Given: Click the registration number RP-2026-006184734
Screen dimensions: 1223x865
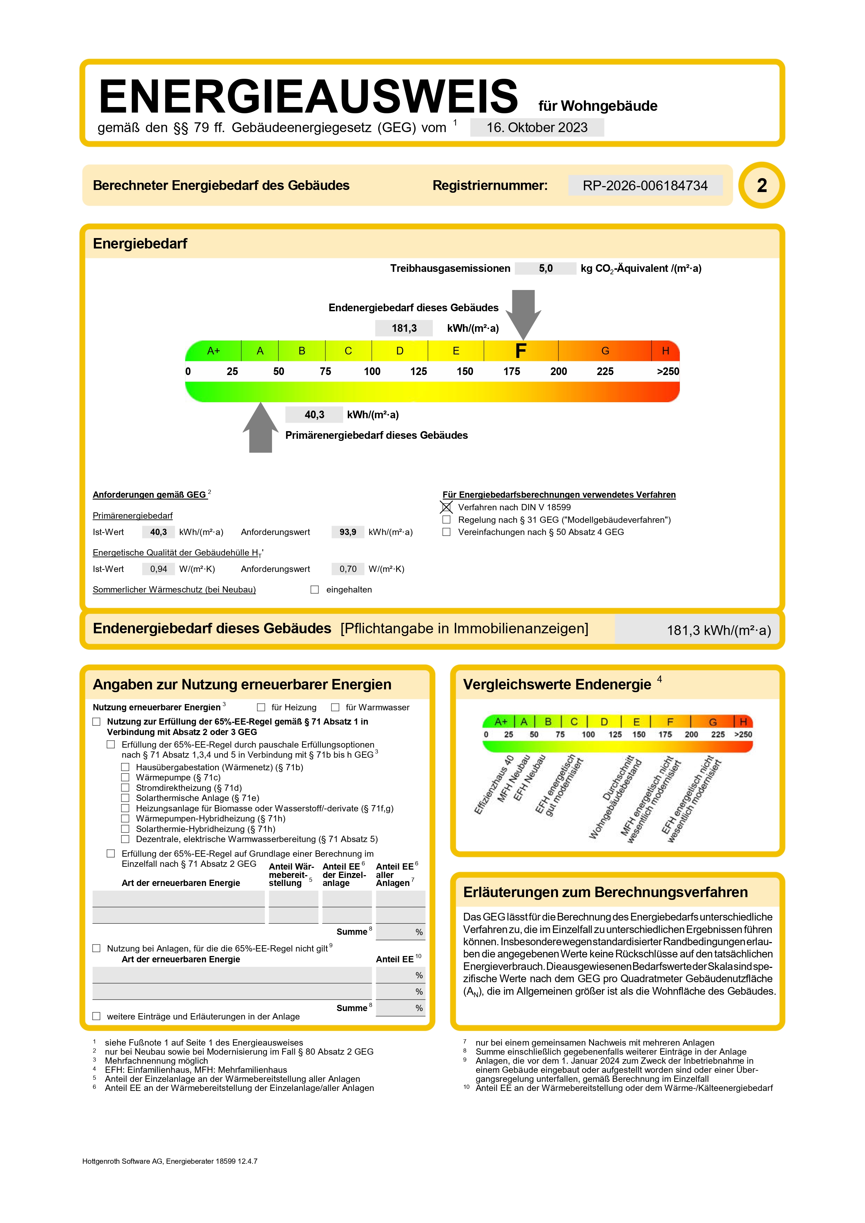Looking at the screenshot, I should click(x=645, y=185).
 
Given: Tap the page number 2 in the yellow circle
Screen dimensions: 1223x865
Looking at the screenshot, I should click(x=762, y=185).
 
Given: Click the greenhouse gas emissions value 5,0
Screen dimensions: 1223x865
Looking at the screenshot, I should click(x=545, y=268).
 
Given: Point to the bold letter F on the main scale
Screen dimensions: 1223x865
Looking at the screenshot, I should click(x=521, y=351).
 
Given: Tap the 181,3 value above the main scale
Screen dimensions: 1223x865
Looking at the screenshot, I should click(x=404, y=328).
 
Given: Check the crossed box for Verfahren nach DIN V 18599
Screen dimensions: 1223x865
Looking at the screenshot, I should click(x=446, y=507).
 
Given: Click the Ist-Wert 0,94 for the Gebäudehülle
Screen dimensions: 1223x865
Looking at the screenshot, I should click(x=158, y=569).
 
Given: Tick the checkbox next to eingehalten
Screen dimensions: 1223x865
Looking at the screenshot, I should click(x=315, y=590).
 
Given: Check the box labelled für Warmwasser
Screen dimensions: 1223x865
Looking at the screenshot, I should click(x=335, y=708).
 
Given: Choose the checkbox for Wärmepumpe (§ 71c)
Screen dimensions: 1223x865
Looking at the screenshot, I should click(x=125, y=778).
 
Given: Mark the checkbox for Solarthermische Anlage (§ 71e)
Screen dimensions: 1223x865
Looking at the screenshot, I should click(x=125, y=798).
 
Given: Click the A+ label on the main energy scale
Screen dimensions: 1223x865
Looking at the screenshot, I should click(x=213, y=351).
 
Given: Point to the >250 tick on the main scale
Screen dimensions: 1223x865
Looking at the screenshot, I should click(x=667, y=371).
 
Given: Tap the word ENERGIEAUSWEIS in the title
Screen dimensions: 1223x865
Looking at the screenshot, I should click(x=308, y=97).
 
